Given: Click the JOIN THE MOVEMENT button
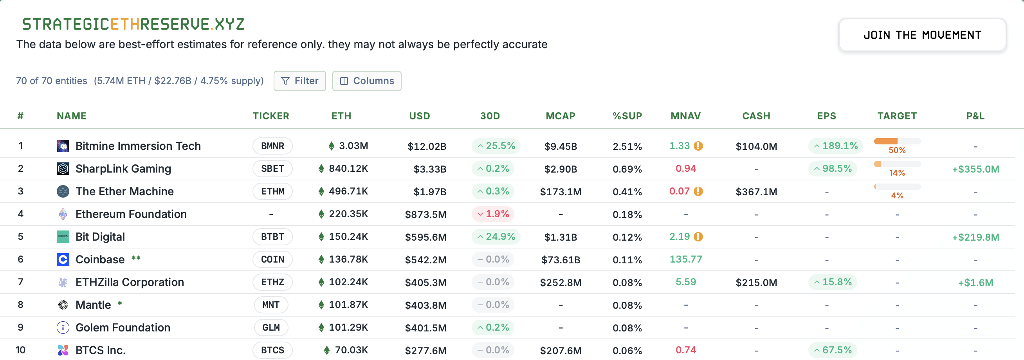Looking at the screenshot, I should coord(922,35).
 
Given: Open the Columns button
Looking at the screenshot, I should coord(366,81).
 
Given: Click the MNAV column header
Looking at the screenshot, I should coord(685,116).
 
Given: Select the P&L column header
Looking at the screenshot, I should coord(975,116).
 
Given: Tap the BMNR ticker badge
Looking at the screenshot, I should coord(272,146).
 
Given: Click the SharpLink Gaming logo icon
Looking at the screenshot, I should coord(63,169).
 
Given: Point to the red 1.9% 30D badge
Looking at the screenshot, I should coord(493,214).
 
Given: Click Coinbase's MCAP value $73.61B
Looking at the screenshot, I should coord(561,260).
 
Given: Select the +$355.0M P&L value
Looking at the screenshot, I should coord(975,169).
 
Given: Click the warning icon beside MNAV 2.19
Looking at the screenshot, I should coord(698,237).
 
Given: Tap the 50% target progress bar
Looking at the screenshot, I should coord(897,142).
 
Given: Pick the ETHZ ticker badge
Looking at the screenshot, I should coord(272,282).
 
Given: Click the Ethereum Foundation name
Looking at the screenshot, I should coord(131,214).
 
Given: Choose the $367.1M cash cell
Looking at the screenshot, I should coord(756,192).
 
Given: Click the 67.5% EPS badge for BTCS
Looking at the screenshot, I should coord(833,350).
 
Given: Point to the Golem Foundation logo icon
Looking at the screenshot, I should coord(63,328).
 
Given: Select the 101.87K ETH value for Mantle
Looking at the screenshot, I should coord(348,305).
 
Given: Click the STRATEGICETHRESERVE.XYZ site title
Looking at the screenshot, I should coord(133,24).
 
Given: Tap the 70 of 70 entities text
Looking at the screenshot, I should coord(51,81).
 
